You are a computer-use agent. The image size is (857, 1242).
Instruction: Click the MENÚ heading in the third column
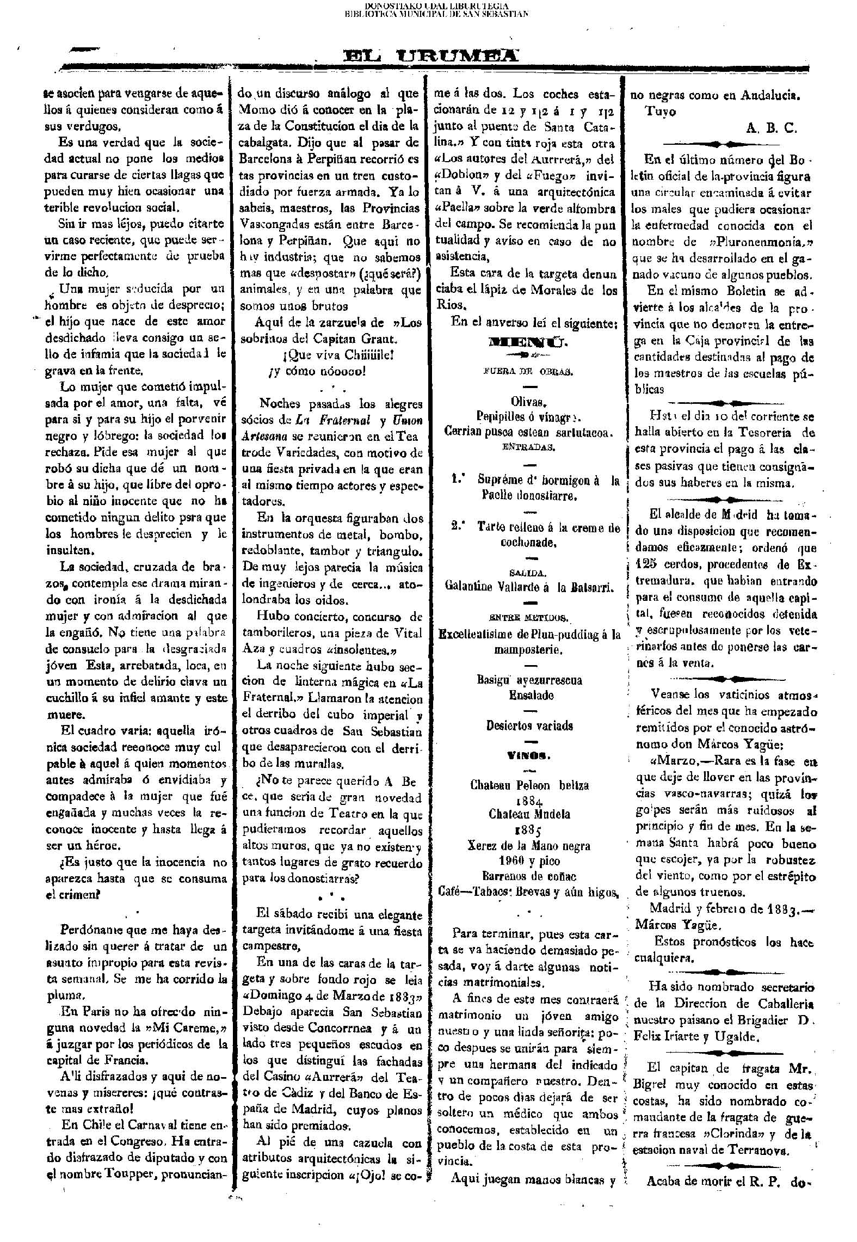(x=529, y=342)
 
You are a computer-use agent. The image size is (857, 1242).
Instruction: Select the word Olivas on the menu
(x=528, y=402)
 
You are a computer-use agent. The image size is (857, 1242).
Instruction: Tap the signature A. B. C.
(x=772, y=128)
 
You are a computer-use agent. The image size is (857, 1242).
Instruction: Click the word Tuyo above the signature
(x=661, y=112)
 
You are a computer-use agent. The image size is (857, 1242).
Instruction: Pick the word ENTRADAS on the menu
(x=528, y=447)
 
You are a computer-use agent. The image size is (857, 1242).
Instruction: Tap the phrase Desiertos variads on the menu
(x=529, y=726)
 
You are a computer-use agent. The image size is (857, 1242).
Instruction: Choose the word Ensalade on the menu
(x=531, y=695)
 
